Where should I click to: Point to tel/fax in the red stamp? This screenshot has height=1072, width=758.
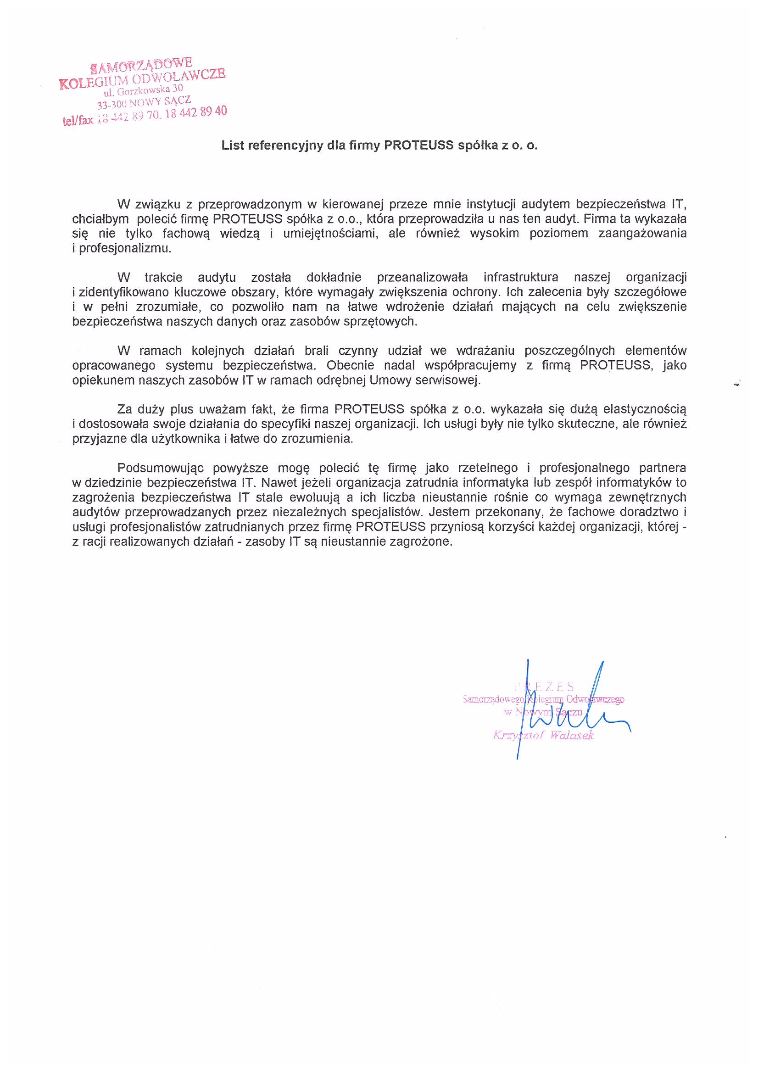click(x=78, y=120)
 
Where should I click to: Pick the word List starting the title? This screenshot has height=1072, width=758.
click(x=233, y=145)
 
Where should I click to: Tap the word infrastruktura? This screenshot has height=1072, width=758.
click(x=520, y=277)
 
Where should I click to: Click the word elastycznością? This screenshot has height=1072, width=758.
click(x=644, y=409)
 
